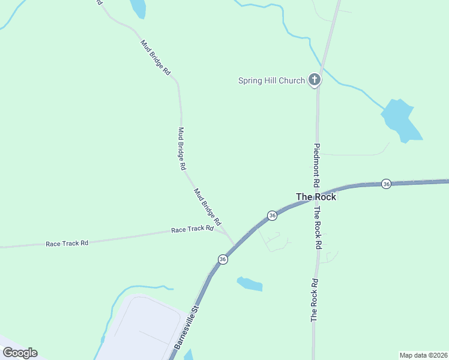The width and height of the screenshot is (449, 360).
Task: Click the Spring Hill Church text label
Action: tap(271, 81)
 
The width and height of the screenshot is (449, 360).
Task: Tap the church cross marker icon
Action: tap(314, 79)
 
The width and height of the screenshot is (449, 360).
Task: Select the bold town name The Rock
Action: tap(316, 196)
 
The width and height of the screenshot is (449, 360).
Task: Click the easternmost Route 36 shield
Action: tap(386, 184)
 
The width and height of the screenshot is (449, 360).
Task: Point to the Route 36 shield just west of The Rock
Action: tap(272, 215)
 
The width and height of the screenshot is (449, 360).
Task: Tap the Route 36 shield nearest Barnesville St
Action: tap(223, 259)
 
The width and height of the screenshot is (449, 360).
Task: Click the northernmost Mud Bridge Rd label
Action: tap(155, 58)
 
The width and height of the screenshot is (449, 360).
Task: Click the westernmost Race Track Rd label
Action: tap(67, 243)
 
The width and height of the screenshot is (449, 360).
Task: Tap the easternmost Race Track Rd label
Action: tap(192, 229)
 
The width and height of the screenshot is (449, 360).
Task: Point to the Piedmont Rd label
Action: tap(316, 166)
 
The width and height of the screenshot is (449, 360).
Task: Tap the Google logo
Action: tap(20, 353)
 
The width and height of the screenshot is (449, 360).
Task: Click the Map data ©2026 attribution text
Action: tap(423, 355)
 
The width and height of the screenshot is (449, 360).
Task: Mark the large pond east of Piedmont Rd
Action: tap(400, 120)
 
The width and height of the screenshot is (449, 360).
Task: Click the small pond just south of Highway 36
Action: tap(250, 284)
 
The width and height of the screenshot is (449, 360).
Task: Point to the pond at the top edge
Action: tap(137, 7)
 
